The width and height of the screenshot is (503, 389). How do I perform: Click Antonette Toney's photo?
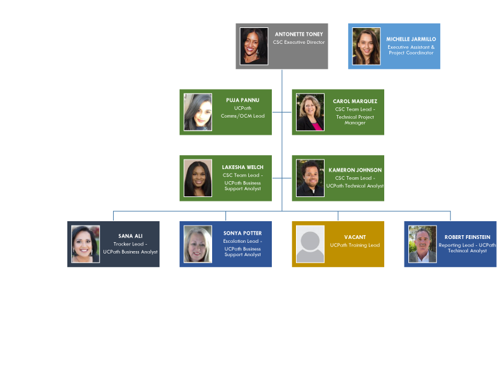tap(254, 46)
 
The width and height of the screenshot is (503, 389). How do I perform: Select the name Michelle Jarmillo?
tap(411, 39)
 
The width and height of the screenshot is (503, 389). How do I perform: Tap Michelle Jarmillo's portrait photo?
tap(366, 46)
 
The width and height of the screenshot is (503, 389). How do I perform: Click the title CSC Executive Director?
tap(298, 43)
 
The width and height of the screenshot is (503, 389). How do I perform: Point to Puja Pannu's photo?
tap(198, 113)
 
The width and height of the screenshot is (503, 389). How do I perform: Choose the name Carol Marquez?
tap(355, 101)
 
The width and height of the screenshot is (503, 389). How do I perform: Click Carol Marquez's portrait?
tap(310, 113)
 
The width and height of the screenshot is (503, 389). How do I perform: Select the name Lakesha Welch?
tap(243, 167)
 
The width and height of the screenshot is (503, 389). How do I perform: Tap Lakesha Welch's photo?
tap(198, 178)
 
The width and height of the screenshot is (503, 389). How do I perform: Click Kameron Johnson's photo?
tap(310, 178)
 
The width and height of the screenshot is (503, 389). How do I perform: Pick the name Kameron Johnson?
tap(355, 170)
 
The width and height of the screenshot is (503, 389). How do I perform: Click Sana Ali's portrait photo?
tap(85, 244)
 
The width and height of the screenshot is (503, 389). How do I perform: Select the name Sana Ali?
tap(130, 236)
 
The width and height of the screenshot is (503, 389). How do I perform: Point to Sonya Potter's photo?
tap(198, 244)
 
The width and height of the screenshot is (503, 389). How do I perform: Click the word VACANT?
tap(355, 237)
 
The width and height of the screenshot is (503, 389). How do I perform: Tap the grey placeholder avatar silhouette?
tap(310, 244)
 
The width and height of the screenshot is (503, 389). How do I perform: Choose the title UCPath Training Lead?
tap(355, 245)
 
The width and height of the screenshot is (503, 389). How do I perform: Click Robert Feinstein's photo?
tap(422, 244)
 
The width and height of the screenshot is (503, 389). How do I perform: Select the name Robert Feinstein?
tap(467, 237)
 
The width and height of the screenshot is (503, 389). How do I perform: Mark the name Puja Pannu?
tap(243, 100)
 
